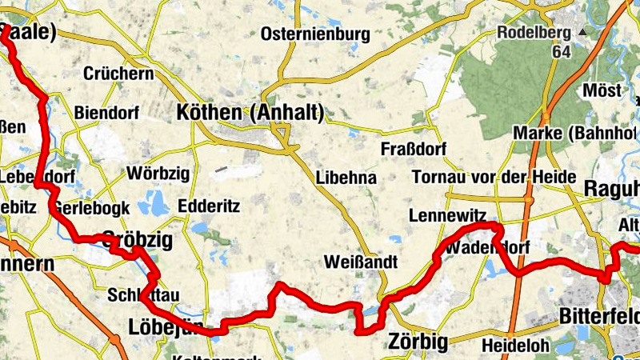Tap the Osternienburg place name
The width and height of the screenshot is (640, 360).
[x=315, y=34]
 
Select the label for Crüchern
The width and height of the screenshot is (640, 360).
[x=118, y=74]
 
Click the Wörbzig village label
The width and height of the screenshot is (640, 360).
[x=155, y=174]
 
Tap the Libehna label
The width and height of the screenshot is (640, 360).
[x=346, y=178]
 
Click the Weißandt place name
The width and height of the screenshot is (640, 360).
[x=362, y=262]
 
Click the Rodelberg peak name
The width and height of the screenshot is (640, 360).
[x=534, y=33]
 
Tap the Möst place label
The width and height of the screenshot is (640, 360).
[x=602, y=90]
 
